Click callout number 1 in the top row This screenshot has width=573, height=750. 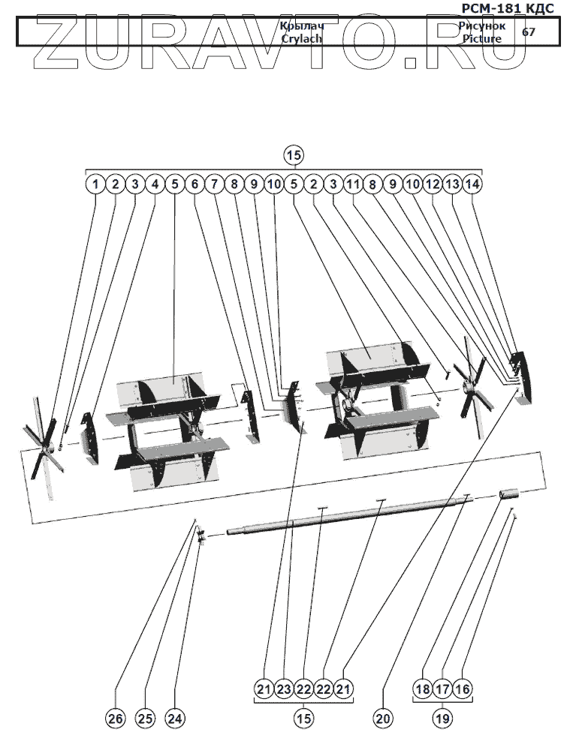tap(95, 183)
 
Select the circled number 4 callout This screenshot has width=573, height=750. tap(154, 183)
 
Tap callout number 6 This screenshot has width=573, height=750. tap(194, 183)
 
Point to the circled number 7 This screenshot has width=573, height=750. tap(214, 183)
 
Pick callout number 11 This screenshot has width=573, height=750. tap(353, 183)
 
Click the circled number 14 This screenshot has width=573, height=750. tap(472, 183)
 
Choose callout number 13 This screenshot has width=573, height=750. tap(452, 183)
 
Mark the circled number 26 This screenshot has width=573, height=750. tap(115, 718)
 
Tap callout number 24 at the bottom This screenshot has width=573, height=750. tap(174, 718)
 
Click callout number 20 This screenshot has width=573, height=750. tap(382, 718)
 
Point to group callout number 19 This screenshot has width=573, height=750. tap(442, 718)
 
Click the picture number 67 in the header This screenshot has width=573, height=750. tap(529, 31)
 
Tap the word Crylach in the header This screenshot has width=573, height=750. tap(301, 38)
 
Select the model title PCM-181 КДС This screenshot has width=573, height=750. tap(512, 8)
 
